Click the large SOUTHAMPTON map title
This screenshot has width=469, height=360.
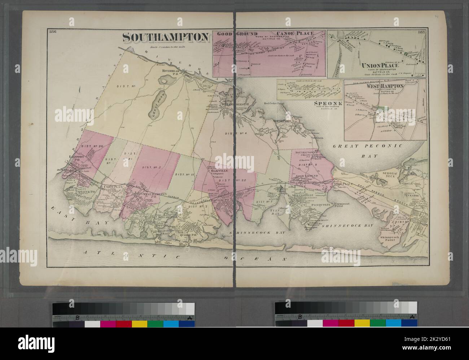click(166, 37)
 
